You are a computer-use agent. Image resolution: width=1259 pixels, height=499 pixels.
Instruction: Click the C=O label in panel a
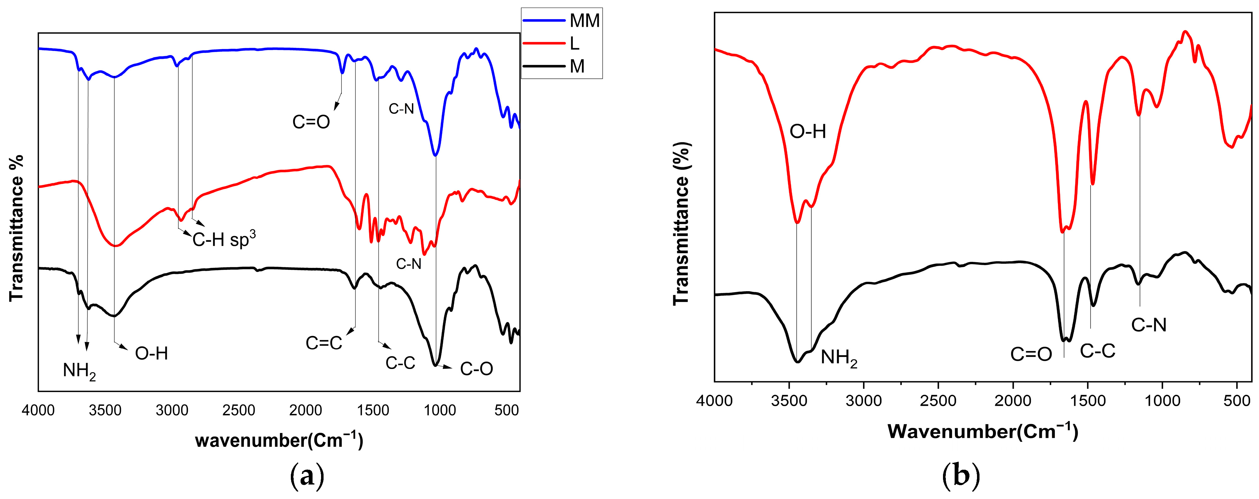point(311,122)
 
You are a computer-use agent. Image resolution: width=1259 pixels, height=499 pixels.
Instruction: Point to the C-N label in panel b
point(1149,325)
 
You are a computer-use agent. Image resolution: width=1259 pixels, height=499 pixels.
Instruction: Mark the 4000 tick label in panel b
point(714,401)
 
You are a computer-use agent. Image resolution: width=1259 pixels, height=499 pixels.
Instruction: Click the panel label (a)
point(307,475)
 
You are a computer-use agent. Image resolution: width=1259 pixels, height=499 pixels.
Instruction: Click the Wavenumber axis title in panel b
point(982,431)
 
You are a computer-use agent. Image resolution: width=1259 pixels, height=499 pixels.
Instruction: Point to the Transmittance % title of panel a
point(17,228)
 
